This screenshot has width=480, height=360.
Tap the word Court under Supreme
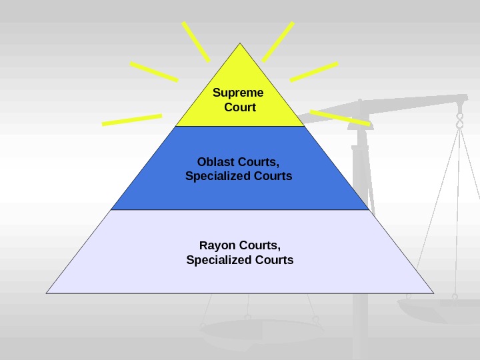coord(240,107)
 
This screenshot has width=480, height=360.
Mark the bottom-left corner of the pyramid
coord(47,293)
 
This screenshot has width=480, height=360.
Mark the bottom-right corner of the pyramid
coord(433,293)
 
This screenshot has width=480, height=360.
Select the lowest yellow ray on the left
coord(132,120)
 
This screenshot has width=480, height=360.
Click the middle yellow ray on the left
coord(154,72)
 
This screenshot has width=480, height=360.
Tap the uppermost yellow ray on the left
coord(195,41)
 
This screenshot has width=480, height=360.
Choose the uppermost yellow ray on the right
coord(279,41)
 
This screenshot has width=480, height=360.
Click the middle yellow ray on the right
coord(315,71)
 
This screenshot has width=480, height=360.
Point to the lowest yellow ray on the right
coord(340,118)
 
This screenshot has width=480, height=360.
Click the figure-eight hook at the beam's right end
coord(459,121)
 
